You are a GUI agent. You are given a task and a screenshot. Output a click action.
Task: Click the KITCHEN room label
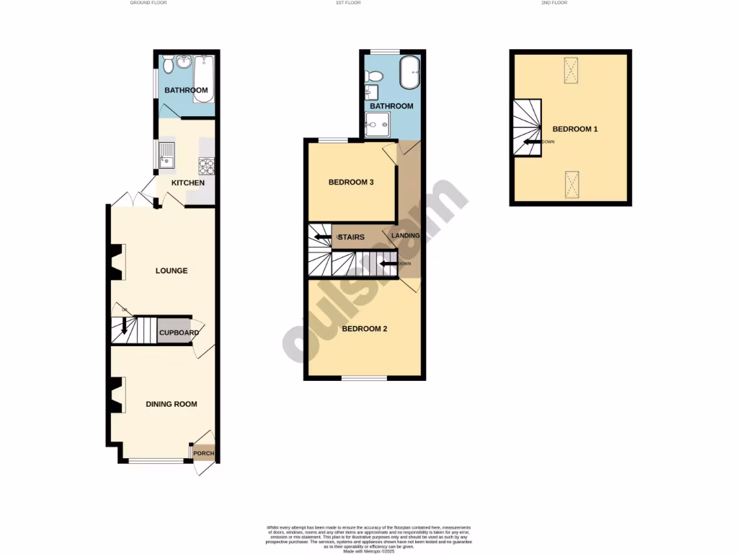tap(187, 183)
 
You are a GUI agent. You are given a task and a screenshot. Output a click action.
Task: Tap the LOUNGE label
tap(172, 271)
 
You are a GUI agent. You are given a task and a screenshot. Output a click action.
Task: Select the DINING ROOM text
tap(172, 404)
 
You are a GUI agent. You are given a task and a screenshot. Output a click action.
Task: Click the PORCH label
tap(204, 454)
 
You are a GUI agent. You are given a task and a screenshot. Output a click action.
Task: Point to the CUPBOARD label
tap(179, 333)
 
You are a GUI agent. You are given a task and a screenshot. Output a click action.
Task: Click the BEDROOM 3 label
tap(350, 183)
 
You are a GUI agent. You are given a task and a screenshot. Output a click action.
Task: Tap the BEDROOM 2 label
tap(364, 329)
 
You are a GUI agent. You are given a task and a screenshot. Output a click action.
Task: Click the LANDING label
tap(405, 236)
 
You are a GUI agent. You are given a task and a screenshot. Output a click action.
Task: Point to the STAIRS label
tap(351, 237)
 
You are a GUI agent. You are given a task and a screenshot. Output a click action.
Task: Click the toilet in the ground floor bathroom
tap(169, 65)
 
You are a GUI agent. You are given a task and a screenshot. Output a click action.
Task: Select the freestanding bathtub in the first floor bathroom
tap(409, 73)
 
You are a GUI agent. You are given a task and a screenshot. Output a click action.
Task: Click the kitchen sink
tap(166, 154)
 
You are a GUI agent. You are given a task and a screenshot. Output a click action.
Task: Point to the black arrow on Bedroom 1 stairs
tap(532, 142)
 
